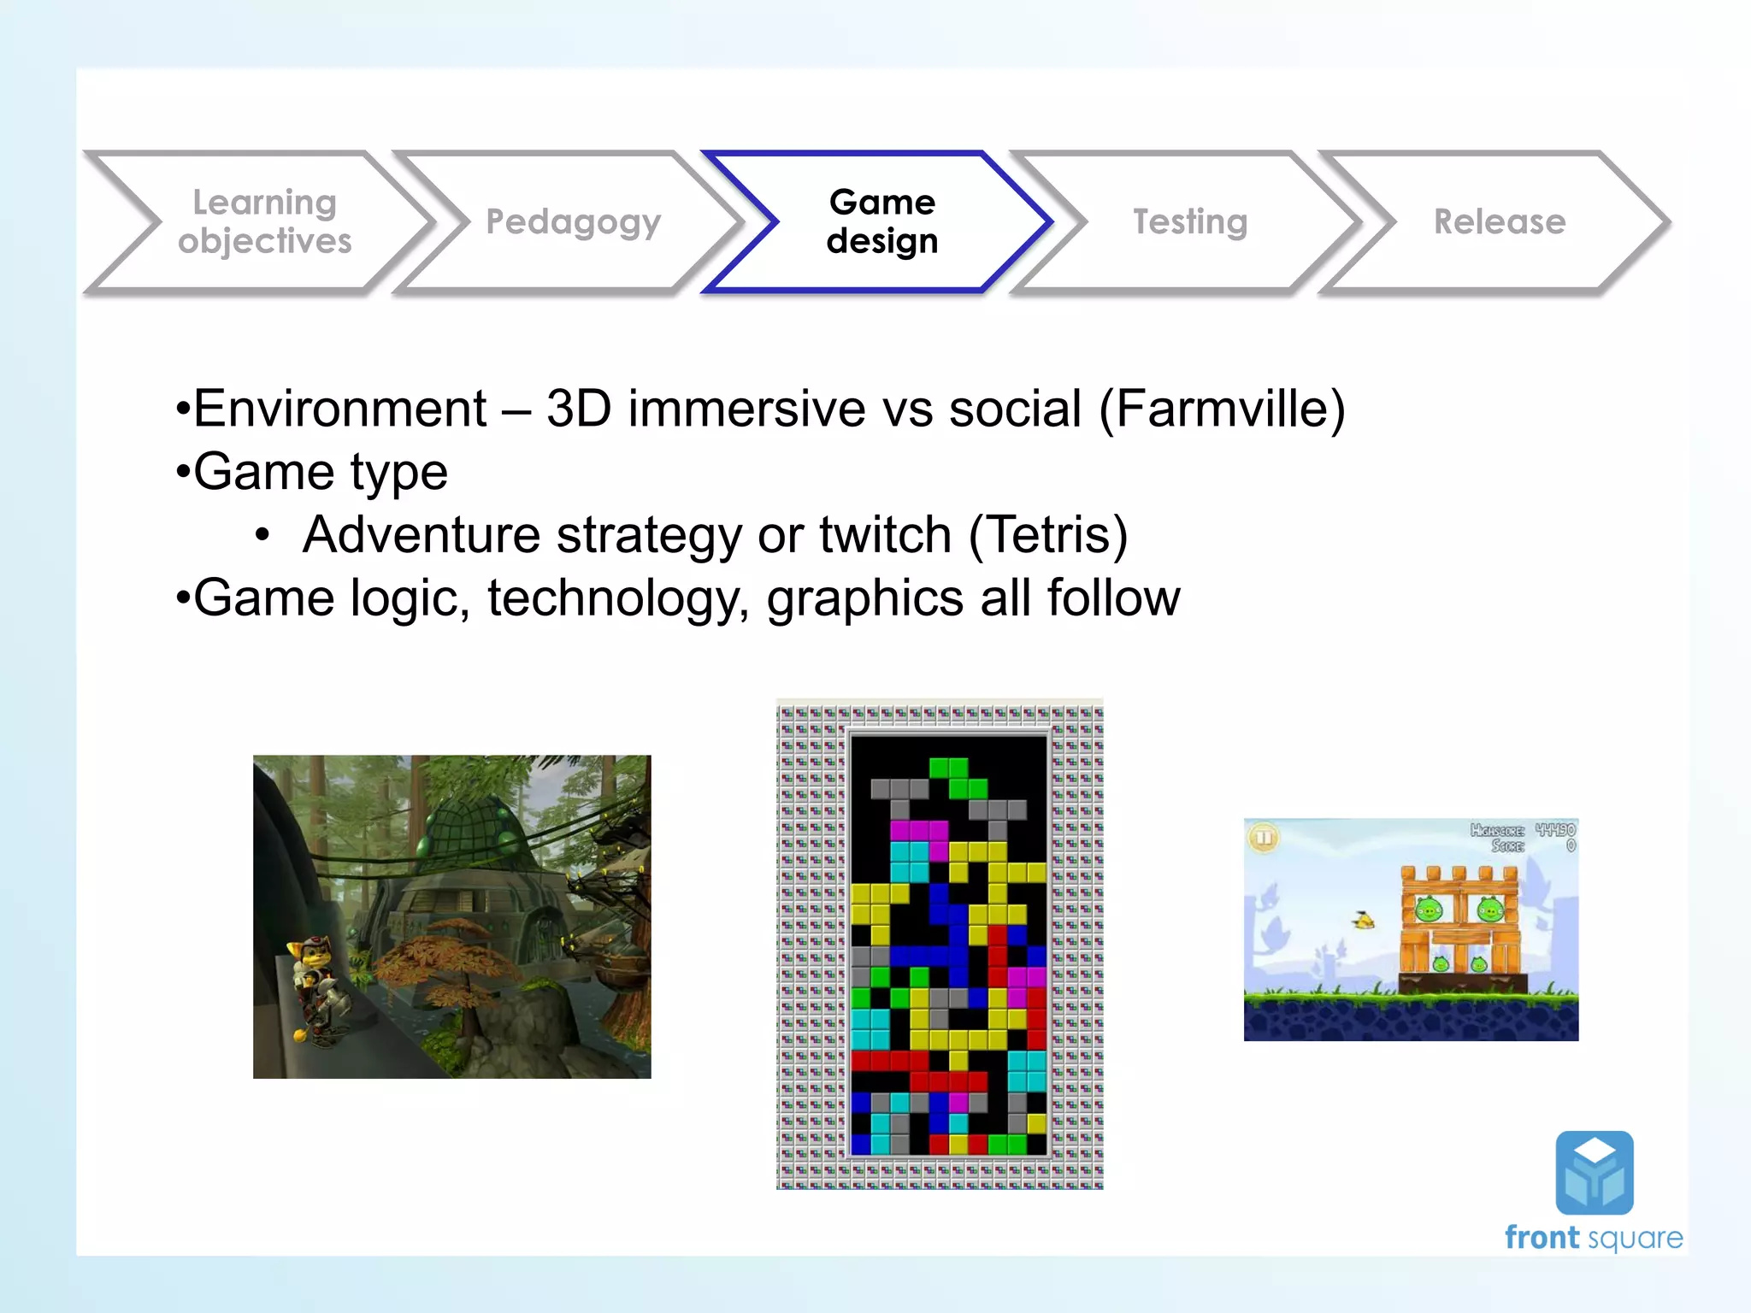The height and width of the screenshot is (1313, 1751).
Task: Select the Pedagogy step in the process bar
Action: pyautogui.click(x=573, y=221)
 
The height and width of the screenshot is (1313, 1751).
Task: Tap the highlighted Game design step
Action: pyautogui.click(x=881, y=221)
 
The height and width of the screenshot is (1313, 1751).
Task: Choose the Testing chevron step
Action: pyautogui.click(x=1190, y=221)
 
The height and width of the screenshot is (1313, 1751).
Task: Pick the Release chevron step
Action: pyautogui.click(x=1499, y=221)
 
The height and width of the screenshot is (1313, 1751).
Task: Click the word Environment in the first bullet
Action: pyautogui.click(x=339, y=409)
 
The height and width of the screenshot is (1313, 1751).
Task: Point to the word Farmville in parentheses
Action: pyautogui.click(x=1222, y=409)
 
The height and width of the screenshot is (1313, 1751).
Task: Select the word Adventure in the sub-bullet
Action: pyautogui.click(x=422, y=535)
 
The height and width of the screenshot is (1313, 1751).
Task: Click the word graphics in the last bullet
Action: pyautogui.click(x=864, y=598)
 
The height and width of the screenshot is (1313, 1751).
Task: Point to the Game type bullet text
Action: pyautogui.click(x=320, y=472)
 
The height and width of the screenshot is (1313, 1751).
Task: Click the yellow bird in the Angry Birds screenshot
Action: pyautogui.click(x=1365, y=921)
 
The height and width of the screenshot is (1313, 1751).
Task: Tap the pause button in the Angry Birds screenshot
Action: pyautogui.click(x=1264, y=837)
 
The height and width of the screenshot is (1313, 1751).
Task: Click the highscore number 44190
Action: pyautogui.click(x=1554, y=829)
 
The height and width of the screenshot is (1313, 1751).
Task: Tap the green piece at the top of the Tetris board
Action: pyautogui.click(x=958, y=777)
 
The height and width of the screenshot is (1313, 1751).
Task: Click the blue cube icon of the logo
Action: pyautogui.click(x=1594, y=1173)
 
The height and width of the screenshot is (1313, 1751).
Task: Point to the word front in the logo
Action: pyautogui.click(x=1542, y=1238)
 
